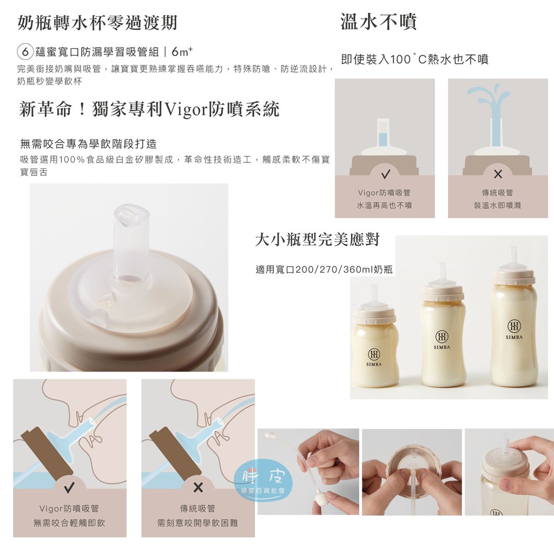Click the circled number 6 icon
(25, 52)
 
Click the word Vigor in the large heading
(187, 109)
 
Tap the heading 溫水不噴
(379, 22)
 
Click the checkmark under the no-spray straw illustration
(385, 174)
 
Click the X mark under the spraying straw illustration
(498, 174)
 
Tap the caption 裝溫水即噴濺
(498, 205)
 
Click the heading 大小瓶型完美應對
(317, 240)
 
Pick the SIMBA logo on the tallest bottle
(514, 327)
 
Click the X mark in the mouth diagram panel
(198, 487)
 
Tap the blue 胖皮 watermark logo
(263, 480)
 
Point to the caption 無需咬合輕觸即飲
(69, 523)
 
